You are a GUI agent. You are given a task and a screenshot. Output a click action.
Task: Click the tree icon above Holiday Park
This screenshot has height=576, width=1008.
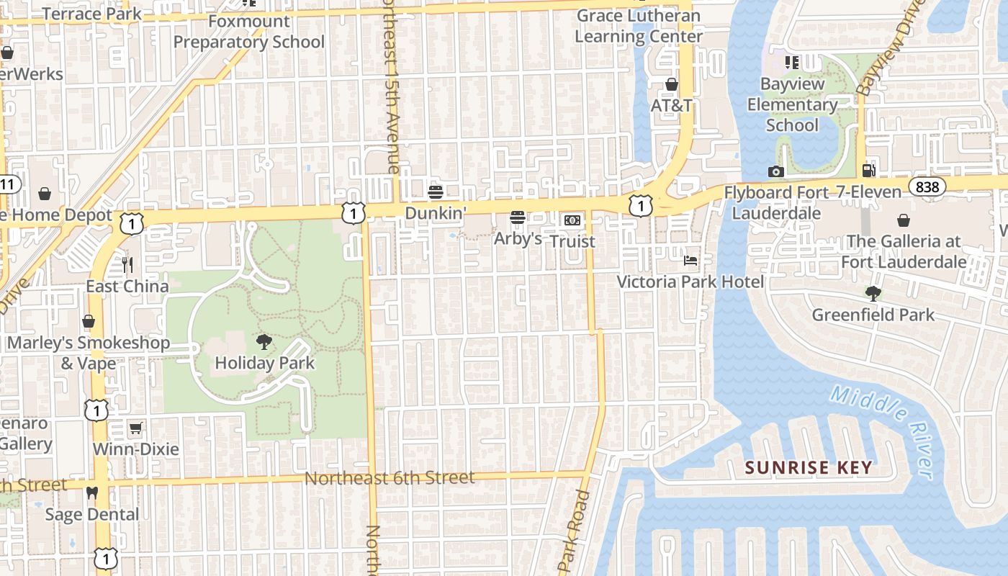click(x=264, y=342)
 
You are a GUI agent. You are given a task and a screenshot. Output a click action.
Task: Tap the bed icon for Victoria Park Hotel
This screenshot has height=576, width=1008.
click(x=690, y=260)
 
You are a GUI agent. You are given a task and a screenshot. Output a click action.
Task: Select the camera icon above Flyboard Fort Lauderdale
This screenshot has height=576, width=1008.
click(x=775, y=171)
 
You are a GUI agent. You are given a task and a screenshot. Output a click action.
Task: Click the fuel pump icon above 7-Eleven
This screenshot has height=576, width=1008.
click(x=869, y=171)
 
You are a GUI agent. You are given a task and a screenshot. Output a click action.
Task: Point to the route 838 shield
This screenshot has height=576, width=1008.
click(x=927, y=187)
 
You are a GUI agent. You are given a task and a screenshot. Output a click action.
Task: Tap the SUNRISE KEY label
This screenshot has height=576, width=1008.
click(x=809, y=468)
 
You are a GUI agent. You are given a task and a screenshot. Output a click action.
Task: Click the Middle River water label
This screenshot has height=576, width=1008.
click(x=881, y=432)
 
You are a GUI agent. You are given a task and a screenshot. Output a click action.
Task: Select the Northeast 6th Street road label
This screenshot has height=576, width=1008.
click(x=390, y=478)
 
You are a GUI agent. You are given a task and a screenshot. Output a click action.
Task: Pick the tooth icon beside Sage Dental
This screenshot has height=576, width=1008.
click(x=91, y=493)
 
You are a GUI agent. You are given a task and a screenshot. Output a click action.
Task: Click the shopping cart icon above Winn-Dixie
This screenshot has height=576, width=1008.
click(x=135, y=428)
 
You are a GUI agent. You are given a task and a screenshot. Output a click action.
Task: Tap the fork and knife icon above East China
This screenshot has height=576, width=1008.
click(x=127, y=265)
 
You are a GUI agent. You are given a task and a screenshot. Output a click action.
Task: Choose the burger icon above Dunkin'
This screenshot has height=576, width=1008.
click(x=435, y=192)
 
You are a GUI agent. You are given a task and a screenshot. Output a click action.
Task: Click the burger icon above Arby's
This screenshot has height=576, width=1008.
click(x=517, y=217)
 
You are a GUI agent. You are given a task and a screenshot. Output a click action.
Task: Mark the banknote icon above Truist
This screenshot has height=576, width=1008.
click(x=572, y=220)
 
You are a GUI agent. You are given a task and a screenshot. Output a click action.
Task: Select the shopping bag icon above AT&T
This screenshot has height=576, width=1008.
click(x=671, y=84)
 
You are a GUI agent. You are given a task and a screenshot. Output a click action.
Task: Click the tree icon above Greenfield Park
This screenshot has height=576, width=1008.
click(x=873, y=294)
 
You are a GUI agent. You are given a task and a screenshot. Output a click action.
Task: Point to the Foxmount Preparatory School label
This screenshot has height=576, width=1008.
click(x=249, y=32)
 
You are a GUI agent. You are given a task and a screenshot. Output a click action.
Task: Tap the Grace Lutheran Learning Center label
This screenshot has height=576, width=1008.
click(x=639, y=26)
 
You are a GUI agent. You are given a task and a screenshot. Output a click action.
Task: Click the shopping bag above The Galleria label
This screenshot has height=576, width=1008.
click(x=904, y=220)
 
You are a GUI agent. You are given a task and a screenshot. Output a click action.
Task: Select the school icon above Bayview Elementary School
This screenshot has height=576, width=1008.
click(x=792, y=63)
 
